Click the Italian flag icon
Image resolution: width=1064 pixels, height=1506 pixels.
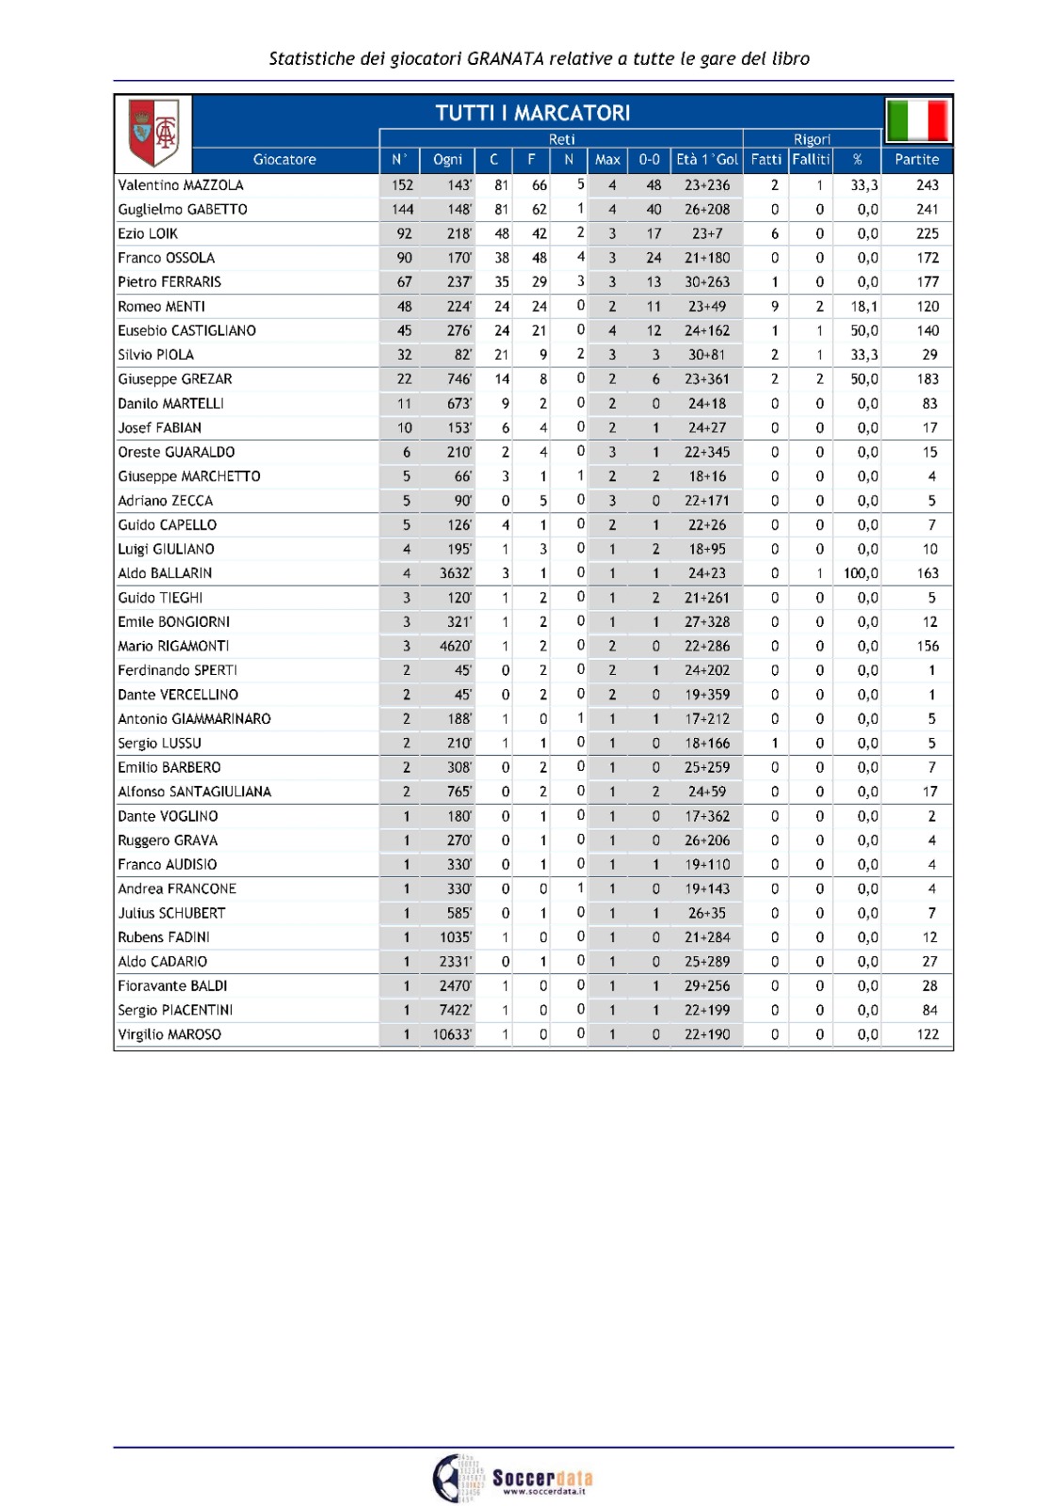pos(918,120)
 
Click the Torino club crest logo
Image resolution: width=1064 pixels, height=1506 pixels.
pos(153,131)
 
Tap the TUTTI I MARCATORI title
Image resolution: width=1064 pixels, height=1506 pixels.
pos(532,113)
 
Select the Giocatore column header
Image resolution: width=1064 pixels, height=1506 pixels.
pos(284,160)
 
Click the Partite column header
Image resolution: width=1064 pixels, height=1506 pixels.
pos(916,160)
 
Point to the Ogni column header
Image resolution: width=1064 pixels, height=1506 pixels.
pos(447,160)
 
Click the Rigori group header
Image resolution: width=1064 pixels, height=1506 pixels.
pos(812,139)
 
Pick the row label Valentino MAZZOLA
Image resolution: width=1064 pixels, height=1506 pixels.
pos(181,185)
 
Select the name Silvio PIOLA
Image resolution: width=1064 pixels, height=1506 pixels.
pos(156,355)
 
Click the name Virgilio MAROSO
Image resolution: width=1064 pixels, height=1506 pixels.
pos(169,1034)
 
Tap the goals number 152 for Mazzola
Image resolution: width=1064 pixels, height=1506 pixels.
pos(403,185)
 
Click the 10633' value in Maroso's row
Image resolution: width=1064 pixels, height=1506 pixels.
pos(452,1034)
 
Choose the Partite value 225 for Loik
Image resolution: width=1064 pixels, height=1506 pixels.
pos(927,233)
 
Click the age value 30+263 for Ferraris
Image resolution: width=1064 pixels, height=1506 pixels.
pos(707,282)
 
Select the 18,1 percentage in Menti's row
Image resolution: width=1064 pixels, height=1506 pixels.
pos(864,307)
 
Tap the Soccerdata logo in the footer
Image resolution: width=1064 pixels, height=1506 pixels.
pos(514,1478)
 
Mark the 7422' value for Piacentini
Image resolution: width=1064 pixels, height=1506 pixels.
pos(456,1010)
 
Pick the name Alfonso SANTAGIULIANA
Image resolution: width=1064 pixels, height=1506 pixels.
pos(195,792)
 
